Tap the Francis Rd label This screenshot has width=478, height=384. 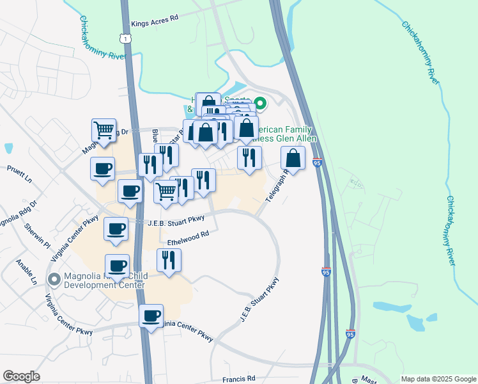click(x=239, y=378)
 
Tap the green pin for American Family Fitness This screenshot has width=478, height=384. click(x=260, y=102)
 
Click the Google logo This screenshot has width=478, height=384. click(x=21, y=376)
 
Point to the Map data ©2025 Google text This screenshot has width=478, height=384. click(x=438, y=379)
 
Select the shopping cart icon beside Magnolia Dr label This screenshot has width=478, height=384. click(x=104, y=130)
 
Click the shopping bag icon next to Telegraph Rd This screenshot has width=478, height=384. click(x=293, y=157)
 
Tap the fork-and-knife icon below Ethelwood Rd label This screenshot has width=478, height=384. click(x=169, y=260)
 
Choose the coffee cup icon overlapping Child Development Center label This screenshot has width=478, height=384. click(x=117, y=266)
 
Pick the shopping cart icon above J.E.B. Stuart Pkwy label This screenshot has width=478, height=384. click(x=166, y=191)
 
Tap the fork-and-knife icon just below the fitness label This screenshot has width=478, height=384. click(x=249, y=157)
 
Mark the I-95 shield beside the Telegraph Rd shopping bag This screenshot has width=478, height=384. click(x=318, y=163)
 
